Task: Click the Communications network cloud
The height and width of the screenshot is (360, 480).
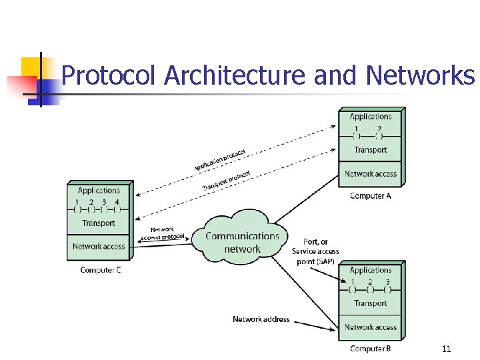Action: [x=242, y=241]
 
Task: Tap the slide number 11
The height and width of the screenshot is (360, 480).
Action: [x=446, y=349]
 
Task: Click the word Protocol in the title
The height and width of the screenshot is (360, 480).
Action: [x=109, y=76]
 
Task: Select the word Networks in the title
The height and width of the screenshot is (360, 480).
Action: [x=420, y=76]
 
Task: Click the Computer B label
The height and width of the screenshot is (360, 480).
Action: [x=371, y=349]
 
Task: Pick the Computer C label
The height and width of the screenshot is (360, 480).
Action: [x=100, y=270]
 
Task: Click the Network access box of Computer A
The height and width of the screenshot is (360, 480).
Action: [x=371, y=174]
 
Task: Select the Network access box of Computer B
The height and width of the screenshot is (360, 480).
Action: [x=371, y=327]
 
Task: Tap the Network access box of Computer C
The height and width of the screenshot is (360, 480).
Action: [x=99, y=246]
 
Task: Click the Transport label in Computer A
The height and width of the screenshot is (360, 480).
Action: [x=371, y=150]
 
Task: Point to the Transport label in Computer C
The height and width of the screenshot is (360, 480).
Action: [x=99, y=223]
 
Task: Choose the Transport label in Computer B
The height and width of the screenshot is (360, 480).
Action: [x=371, y=303]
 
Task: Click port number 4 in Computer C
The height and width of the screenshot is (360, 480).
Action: [x=117, y=202]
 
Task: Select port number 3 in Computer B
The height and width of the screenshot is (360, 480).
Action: [x=388, y=281]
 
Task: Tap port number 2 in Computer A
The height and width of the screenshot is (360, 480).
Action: [x=379, y=129]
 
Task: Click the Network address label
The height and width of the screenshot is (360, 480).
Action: [x=261, y=319]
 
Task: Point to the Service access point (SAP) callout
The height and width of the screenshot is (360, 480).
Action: [x=315, y=251]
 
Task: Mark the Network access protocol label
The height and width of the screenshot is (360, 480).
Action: [x=162, y=233]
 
